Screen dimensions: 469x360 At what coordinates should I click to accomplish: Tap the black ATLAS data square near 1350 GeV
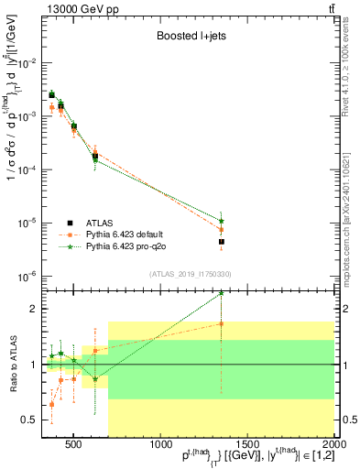pos(222,242)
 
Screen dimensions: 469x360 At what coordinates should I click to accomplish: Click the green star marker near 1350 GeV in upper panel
pos(222,221)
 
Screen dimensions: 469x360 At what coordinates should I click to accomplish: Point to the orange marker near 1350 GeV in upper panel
pos(222,230)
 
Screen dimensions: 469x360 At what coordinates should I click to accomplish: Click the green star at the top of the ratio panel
pos(222,294)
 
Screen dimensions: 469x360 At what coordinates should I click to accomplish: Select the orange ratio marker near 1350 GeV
pos(222,323)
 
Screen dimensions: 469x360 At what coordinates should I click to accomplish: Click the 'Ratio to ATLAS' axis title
pos(14,364)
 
